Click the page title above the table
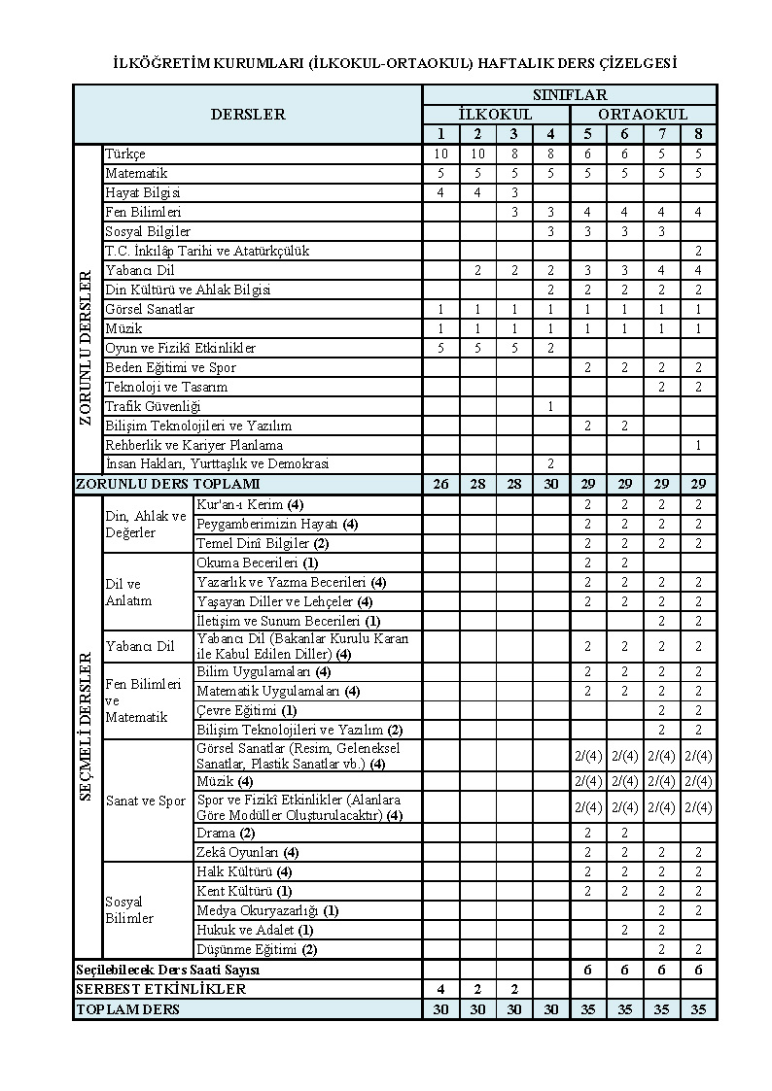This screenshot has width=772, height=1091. [x=395, y=63]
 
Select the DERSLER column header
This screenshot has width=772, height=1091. [x=248, y=114]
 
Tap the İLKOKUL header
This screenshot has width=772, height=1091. [x=495, y=115]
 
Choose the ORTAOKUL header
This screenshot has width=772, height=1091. [x=643, y=115]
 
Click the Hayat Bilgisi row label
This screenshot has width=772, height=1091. [x=143, y=192]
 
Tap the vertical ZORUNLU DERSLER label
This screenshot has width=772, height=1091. [x=88, y=347]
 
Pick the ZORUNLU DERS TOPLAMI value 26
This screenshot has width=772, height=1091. [x=440, y=484]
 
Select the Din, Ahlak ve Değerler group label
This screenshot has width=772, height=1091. [x=145, y=525]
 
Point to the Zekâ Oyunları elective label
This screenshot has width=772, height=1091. [x=247, y=852]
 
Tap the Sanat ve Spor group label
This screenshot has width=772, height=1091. [x=145, y=801]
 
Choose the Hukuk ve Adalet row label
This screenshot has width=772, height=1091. [x=248, y=930]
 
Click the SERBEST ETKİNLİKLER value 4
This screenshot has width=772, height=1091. [x=440, y=989]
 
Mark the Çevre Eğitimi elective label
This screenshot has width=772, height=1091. [x=247, y=710]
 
